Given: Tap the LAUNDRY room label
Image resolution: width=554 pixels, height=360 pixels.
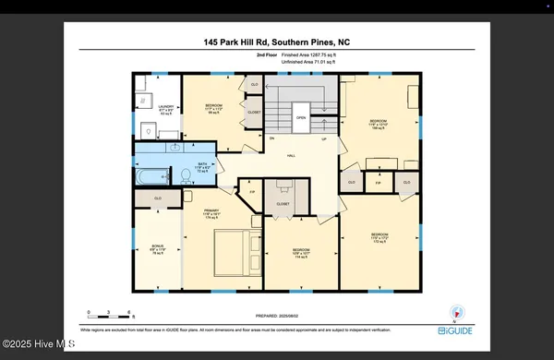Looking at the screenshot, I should [166, 110].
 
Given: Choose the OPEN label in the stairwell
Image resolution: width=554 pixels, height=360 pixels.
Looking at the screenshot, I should [301, 118].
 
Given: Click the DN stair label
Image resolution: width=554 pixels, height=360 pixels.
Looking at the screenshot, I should [271, 138].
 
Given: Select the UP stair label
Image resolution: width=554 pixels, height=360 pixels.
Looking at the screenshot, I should [324, 138].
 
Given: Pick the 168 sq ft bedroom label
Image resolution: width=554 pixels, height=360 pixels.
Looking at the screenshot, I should [379, 124].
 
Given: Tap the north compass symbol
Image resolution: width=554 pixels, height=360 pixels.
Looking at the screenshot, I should [453, 311].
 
